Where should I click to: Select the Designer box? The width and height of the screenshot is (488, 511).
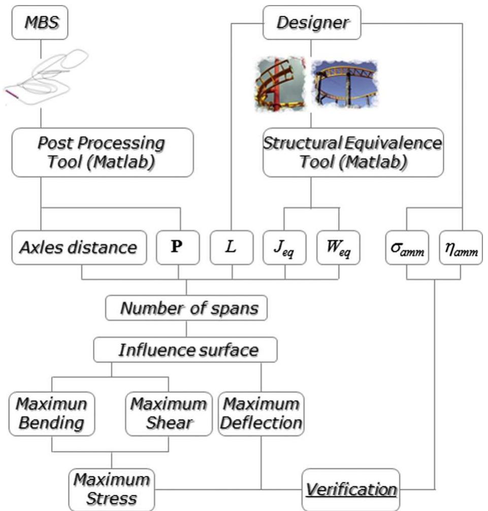coord(312,23)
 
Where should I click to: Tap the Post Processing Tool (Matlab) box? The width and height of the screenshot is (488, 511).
coord(103,152)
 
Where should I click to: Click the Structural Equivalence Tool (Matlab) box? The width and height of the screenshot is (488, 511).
coord(352,152)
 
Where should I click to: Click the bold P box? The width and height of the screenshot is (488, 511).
coord(178,248)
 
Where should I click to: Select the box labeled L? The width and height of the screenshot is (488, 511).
coord(232,248)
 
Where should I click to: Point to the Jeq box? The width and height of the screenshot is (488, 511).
coord(284,248)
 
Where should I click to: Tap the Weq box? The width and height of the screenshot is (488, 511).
coord(338,248)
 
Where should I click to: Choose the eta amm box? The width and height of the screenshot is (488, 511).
coord(461,248)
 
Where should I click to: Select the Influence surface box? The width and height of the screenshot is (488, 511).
coord(186,350)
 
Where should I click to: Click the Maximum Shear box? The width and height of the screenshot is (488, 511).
coord(169,414)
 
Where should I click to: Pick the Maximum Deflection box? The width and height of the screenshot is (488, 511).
coord(261,414)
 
